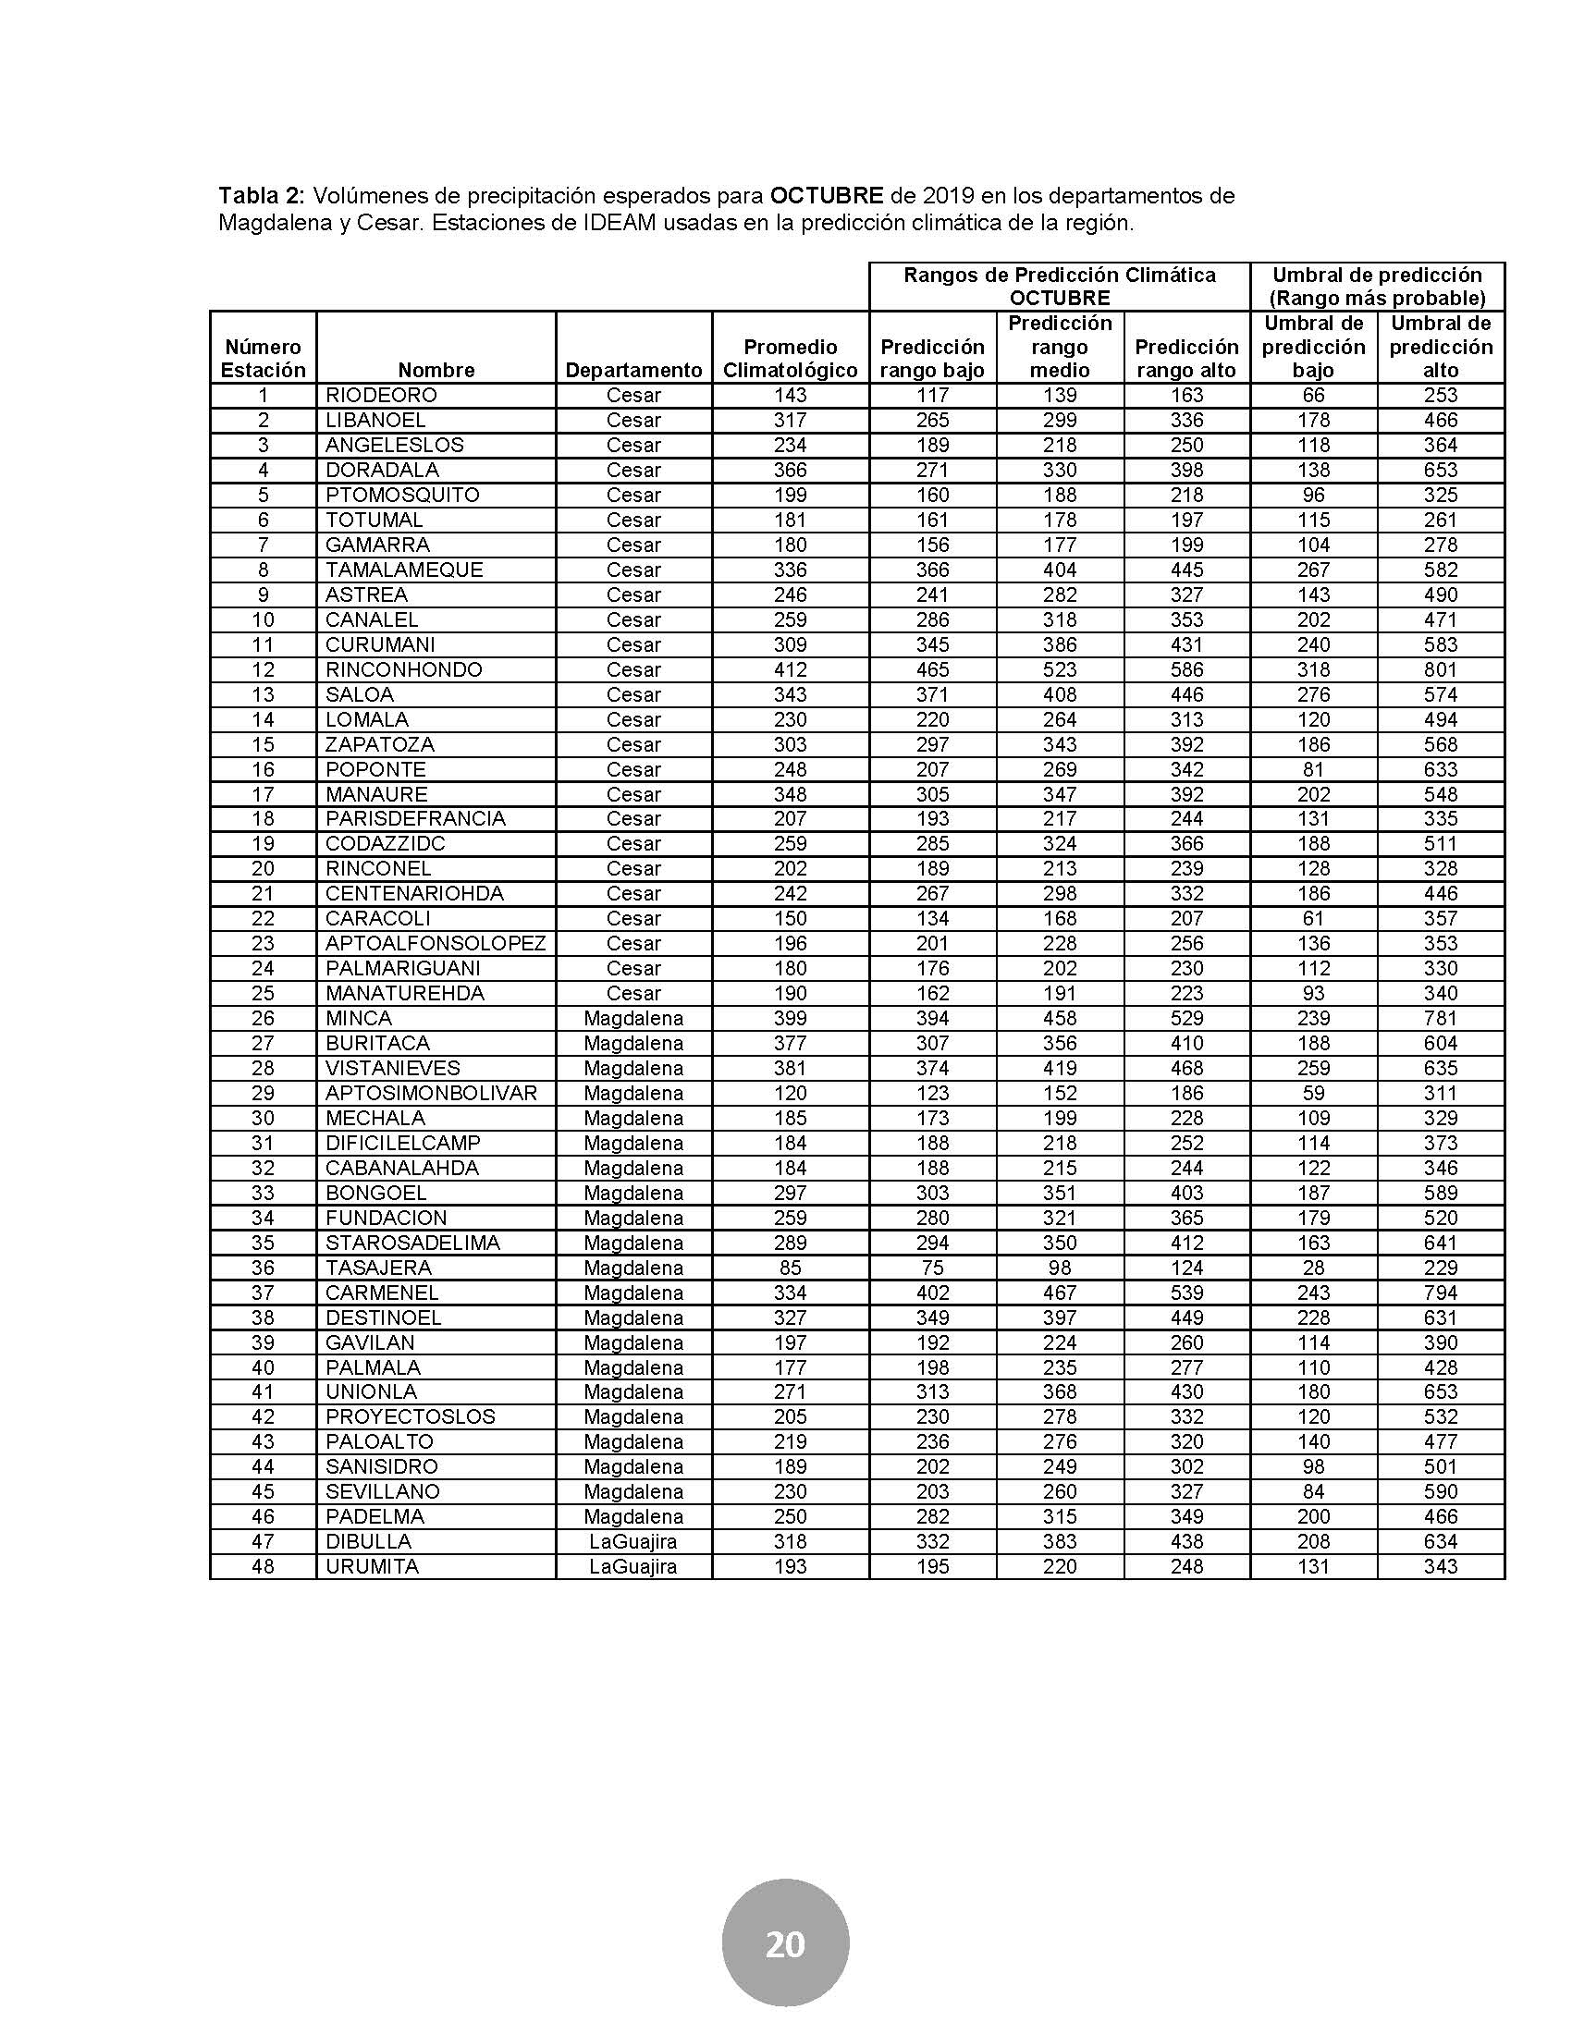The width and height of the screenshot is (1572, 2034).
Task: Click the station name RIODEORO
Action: point(381,395)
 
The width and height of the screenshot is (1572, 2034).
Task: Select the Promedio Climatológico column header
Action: point(790,359)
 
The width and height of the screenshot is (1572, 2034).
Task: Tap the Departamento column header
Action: point(633,370)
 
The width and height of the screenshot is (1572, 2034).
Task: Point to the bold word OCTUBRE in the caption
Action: point(826,197)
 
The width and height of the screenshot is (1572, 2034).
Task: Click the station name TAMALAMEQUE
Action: point(404,570)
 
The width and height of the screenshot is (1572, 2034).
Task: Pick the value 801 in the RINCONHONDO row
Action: point(1440,669)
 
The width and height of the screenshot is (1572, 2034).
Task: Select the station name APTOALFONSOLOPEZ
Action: point(435,943)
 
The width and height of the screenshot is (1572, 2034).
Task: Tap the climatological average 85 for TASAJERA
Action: point(790,1268)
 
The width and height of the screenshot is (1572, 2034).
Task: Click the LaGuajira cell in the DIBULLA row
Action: point(633,1541)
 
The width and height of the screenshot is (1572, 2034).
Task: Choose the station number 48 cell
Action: point(263,1566)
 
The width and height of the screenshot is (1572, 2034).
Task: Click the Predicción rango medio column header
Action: point(1060,347)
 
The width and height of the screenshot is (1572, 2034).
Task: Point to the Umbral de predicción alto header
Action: point(1440,347)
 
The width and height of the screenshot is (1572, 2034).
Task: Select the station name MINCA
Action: point(359,1018)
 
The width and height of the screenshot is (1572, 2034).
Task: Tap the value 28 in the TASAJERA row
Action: point(1313,1268)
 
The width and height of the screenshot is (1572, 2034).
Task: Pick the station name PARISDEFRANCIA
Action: point(415,818)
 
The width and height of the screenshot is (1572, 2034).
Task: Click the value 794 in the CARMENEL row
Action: point(1440,1293)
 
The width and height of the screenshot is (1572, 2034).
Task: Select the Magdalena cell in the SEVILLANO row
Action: point(633,1491)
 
